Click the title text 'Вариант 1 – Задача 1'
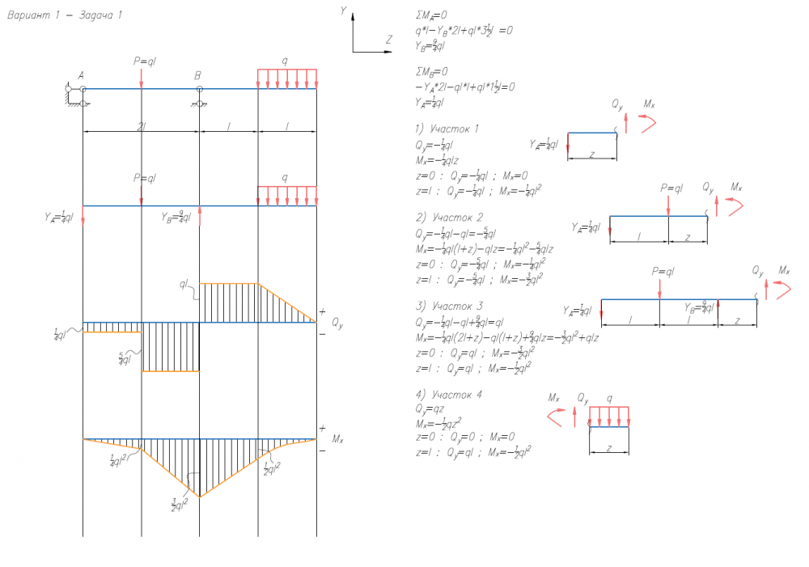[65, 15]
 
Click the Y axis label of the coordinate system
[344, 11]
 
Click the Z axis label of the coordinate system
[388, 39]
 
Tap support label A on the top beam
[81, 75]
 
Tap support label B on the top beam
[197, 75]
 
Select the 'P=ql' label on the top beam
[146, 61]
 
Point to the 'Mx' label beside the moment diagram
[337, 440]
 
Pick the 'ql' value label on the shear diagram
[184, 285]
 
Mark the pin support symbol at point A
[74, 95]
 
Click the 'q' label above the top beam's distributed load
[284, 61]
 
